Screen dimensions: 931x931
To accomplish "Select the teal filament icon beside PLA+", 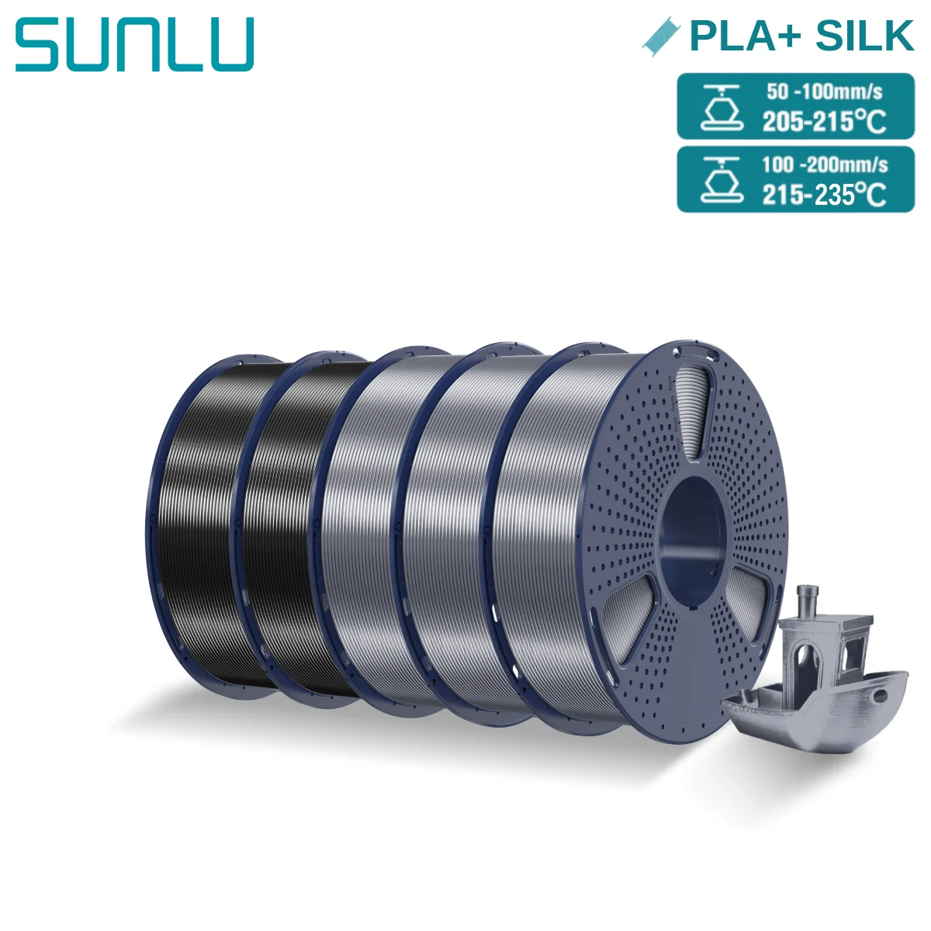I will click(x=660, y=36).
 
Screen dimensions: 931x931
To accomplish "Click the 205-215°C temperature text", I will click(x=823, y=121).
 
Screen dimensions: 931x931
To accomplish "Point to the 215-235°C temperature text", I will click(x=823, y=194).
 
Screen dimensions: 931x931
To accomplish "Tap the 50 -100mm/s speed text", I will click(x=824, y=92).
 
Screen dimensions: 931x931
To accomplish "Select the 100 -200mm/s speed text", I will click(x=824, y=164).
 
